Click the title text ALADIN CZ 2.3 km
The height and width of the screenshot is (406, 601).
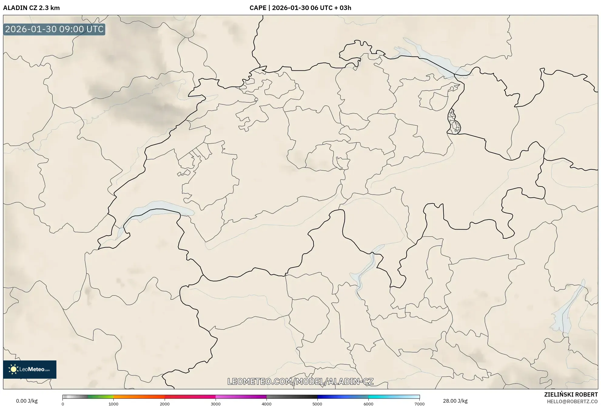click(31, 8)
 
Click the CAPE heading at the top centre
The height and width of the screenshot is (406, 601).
click(300, 8)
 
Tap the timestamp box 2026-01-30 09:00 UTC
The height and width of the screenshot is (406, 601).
click(54, 29)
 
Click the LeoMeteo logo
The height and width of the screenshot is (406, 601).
click(30, 369)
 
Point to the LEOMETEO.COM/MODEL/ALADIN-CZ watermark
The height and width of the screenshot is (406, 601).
click(300, 381)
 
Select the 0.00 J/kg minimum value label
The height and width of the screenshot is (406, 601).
click(27, 401)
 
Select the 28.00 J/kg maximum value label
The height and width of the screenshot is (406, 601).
click(455, 401)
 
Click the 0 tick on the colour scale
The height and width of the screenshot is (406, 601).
click(63, 404)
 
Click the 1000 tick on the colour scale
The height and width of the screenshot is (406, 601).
click(113, 404)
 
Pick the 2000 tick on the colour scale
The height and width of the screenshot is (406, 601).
click(165, 404)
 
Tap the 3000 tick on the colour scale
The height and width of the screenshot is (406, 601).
click(216, 404)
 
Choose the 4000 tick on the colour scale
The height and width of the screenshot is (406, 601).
click(267, 404)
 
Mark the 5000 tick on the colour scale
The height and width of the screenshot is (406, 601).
click(317, 404)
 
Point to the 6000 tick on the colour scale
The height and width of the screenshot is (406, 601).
click(368, 404)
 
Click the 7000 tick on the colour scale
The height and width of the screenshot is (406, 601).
click(419, 404)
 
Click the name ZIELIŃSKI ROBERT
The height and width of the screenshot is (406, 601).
click(571, 394)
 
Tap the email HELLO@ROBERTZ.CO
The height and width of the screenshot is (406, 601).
click(572, 401)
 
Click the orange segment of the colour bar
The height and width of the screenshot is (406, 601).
click(133, 397)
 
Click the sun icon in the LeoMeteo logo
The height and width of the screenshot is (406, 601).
click(13, 369)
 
